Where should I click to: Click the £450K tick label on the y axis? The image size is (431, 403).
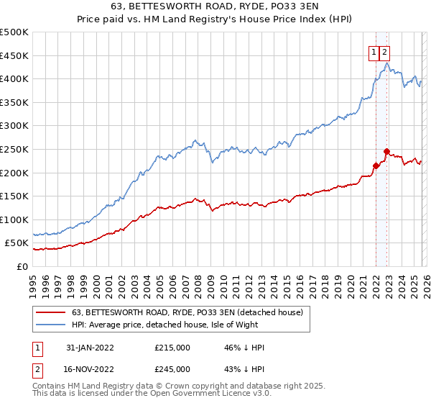(x=14, y=55)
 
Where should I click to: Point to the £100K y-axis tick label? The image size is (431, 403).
(x=14, y=219)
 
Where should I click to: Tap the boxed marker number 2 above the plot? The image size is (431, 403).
(x=385, y=52)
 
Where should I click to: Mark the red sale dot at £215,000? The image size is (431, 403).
(x=376, y=166)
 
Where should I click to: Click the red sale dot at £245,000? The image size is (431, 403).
(x=386, y=152)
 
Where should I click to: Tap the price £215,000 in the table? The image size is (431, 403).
(x=172, y=348)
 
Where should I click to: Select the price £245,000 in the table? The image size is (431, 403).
(x=172, y=369)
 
